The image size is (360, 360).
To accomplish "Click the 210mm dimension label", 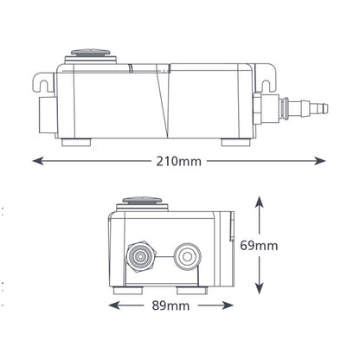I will pyautogui.click(x=179, y=161).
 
